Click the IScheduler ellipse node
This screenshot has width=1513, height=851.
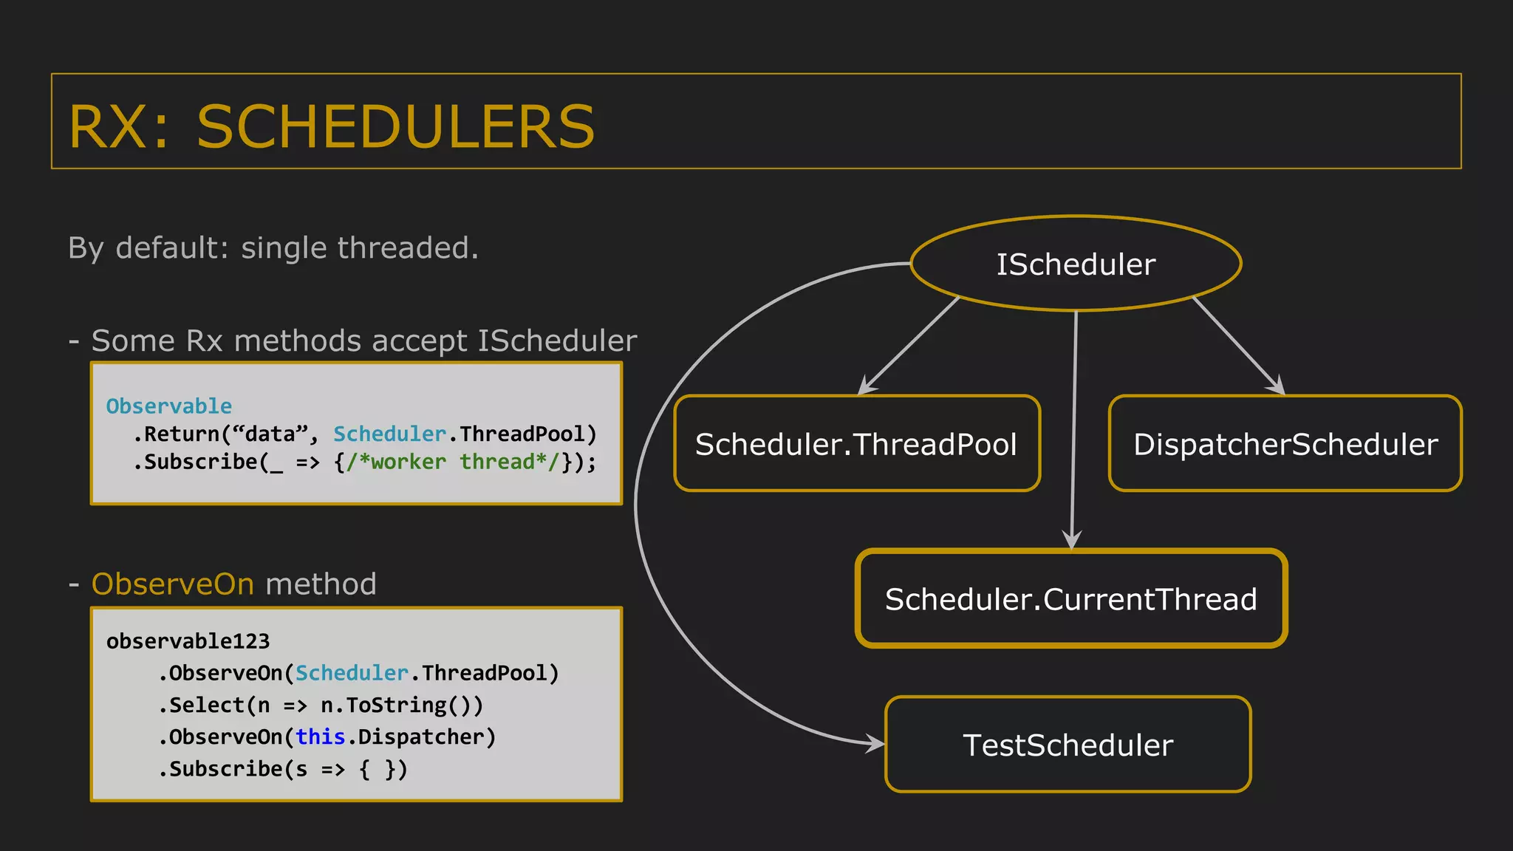1076,264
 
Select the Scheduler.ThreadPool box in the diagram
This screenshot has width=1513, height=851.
857,444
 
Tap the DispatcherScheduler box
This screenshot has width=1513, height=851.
1285,444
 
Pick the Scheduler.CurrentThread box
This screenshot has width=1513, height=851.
1071,599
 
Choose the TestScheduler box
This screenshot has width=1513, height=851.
1068,745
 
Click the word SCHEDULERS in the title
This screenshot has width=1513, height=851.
396,126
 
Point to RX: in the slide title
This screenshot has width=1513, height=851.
118,126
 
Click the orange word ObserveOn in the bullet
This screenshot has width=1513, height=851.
173,584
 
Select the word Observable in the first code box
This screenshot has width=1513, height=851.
168,406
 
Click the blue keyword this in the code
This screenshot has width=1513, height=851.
320,737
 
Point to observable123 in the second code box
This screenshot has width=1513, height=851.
188,641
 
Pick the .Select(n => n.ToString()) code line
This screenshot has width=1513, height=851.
321,705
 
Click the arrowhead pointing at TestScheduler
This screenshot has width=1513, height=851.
877,743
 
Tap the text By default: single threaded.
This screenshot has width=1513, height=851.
273,248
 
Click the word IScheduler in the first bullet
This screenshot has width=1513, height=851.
557,341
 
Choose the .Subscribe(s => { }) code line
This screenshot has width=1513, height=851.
283,770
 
